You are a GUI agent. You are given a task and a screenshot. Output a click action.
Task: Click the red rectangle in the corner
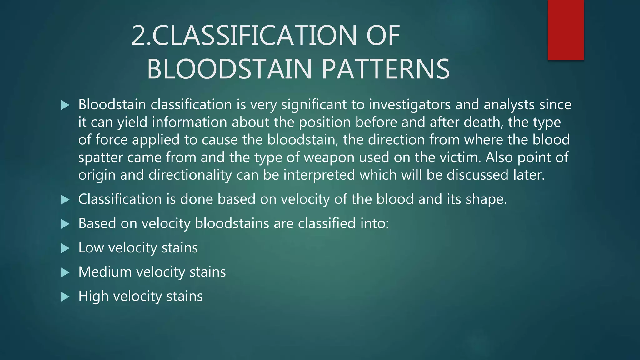tap(566, 30)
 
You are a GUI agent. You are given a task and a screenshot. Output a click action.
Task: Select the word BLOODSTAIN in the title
tap(231, 69)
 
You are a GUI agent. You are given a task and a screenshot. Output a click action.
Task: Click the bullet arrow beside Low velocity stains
tap(65, 248)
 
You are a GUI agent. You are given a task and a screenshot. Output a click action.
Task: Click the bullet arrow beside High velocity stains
tap(65, 297)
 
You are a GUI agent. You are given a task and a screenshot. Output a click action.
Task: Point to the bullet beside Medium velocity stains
tap(65, 272)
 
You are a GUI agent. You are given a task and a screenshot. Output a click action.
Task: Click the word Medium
tap(105, 272)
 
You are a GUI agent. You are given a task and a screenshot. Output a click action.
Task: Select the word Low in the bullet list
tap(91, 248)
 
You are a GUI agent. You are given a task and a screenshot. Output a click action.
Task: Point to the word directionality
tap(190, 175)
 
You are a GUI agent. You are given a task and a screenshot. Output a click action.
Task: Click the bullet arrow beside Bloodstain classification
tap(65, 105)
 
